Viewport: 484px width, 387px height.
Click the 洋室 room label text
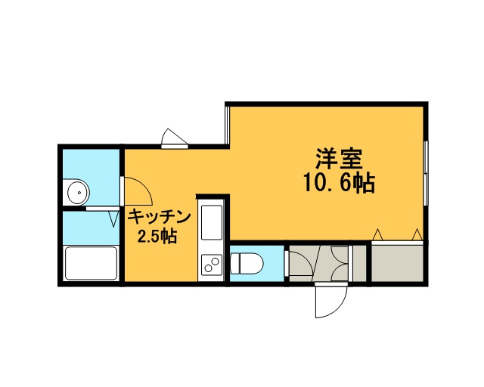[339, 159]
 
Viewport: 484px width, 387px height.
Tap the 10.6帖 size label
[339, 183]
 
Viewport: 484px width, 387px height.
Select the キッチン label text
[160, 217]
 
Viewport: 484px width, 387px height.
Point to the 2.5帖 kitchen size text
[157, 237]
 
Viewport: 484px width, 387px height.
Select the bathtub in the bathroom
[91, 263]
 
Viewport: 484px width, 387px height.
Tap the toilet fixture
[247, 263]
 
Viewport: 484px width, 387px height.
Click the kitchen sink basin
[212, 222]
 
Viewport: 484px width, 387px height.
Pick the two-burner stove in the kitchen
[212, 265]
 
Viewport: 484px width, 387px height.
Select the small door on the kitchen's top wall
[175, 139]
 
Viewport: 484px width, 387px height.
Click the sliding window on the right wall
[426, 173]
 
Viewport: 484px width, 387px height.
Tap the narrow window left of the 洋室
[228, 125]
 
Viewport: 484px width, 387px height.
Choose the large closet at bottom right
[397, 262]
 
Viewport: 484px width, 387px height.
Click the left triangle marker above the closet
[377, 235]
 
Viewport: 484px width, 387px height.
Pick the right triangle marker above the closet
[417, 235]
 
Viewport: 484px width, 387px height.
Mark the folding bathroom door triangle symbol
[114, 218]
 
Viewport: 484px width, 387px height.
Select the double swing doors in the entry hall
[340, 262]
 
